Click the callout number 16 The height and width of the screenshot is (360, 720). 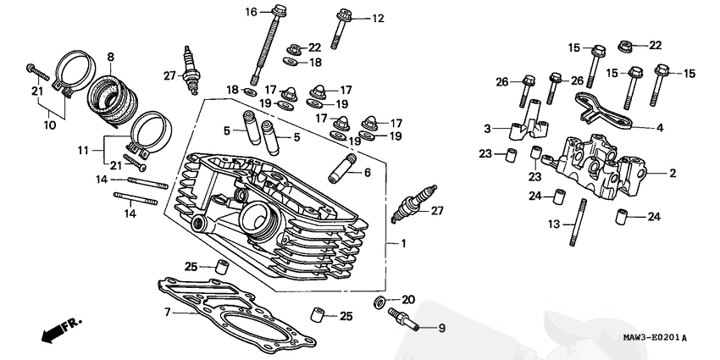point(251,12)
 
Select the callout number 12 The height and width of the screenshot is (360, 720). point(377,18)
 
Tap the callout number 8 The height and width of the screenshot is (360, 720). point(110,57)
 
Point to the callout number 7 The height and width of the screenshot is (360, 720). point(168,313)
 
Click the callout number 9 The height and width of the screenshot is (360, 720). point(440,327)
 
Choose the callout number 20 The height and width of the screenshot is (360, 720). point(408,299)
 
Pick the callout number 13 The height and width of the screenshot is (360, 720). point(554,224)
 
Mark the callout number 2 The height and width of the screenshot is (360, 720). point(673,174)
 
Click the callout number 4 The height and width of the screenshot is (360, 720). point(660,129)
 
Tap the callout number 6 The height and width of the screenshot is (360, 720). point(367,173)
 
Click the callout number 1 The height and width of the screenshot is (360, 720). point(403,244)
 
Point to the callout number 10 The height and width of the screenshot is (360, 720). point(49,125)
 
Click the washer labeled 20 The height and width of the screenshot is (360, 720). point(380,302)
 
